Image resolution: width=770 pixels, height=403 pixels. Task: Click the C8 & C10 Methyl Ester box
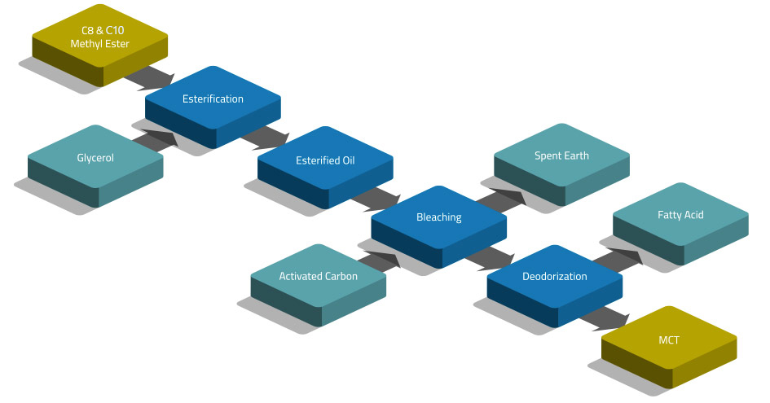point(99,37)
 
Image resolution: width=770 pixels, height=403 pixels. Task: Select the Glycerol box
point(95,157)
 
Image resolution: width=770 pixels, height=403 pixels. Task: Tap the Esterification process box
point(213,99)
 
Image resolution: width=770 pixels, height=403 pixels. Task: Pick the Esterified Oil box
point(325,160)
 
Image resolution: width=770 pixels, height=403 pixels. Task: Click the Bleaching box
point(438,217)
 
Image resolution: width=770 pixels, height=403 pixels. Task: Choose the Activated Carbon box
point(318,277)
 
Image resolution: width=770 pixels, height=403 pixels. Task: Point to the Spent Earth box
point(561,156)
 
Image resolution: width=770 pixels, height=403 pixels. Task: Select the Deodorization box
point(554,277)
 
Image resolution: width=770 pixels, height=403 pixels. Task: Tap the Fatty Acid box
point(680,216)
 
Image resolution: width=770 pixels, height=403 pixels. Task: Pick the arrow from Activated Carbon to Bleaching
point(379,259)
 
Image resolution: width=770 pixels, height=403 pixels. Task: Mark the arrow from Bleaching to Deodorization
point(491,257)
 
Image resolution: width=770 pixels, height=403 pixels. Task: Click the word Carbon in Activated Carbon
point(341,277)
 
